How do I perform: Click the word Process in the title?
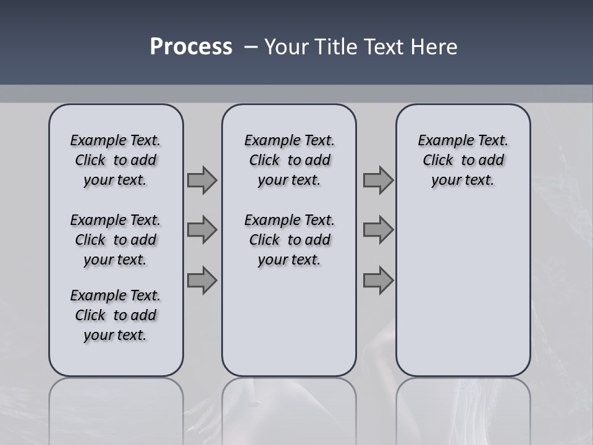click(191, 47)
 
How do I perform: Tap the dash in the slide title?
click(251, 47)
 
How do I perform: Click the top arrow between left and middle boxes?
click(202, 180)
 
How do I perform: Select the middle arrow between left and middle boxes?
click(202, 230)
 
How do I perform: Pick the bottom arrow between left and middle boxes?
click(202, 281)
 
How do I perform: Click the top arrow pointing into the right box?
click(378, 180)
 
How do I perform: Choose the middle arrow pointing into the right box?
click(378, 230)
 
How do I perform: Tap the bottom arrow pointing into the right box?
click(378, 281)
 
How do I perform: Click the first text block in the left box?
click(116, 160)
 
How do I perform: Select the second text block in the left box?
click(116, 240)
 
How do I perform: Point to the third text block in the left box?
click(116, 315)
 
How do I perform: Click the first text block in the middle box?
click(289, 160)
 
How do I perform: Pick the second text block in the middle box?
click(289, 240)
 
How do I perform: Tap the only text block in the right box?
click(463, 160)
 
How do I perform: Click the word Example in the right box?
click(441, 141)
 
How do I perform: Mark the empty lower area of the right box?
click(463, 290)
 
